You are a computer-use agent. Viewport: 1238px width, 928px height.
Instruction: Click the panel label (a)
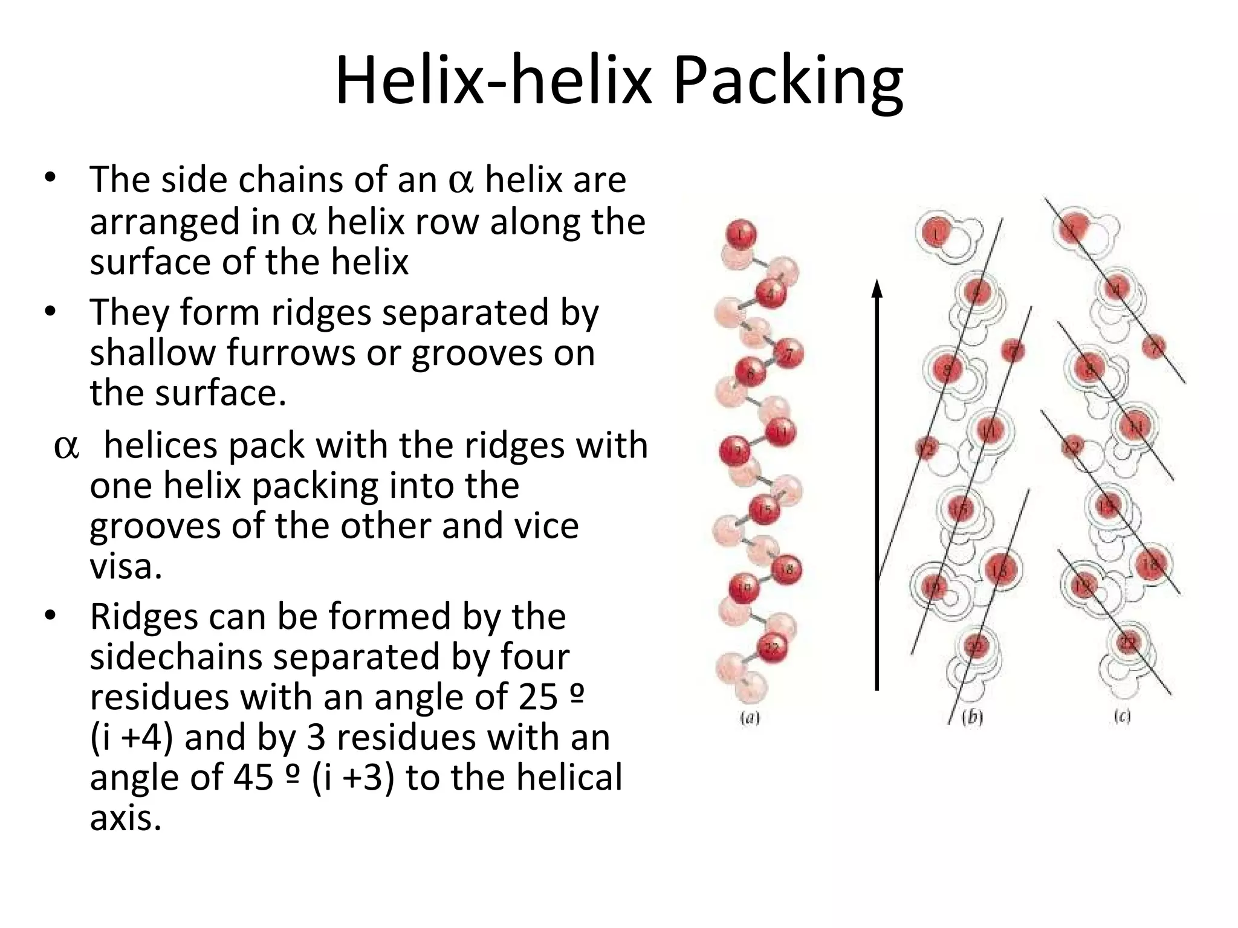750,718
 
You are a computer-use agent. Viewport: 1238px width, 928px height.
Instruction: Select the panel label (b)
972,717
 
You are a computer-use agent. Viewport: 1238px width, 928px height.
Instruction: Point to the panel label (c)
1122,717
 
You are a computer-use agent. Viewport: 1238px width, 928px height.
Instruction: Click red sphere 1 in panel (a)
742,234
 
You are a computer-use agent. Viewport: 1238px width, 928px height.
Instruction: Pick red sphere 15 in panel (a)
765,510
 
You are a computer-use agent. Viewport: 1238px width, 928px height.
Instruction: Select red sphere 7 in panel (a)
788,355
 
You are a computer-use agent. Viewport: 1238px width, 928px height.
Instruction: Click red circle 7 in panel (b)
1013,350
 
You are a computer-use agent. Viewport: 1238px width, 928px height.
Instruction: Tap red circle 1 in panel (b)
936,233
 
